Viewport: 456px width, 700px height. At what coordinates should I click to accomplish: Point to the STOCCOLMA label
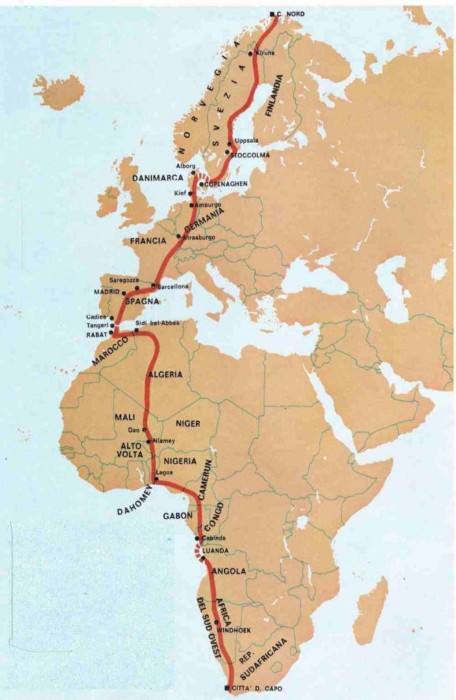point(251,155)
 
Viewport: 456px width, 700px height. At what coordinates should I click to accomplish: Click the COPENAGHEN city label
point(225,184)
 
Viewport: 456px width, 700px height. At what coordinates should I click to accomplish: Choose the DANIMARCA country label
point(158,178)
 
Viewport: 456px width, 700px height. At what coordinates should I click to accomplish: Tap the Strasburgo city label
point(200,237)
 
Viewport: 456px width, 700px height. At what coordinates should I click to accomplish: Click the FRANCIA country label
point(148,241)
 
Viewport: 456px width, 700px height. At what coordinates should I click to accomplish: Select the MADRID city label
point(107,292)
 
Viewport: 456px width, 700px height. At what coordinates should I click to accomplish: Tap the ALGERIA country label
point(165,375)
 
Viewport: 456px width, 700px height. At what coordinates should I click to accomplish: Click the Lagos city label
point(164,472)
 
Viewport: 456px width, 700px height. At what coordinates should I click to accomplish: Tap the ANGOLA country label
point(230,571)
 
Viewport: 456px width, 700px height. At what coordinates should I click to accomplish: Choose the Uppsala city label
point(246,141)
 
